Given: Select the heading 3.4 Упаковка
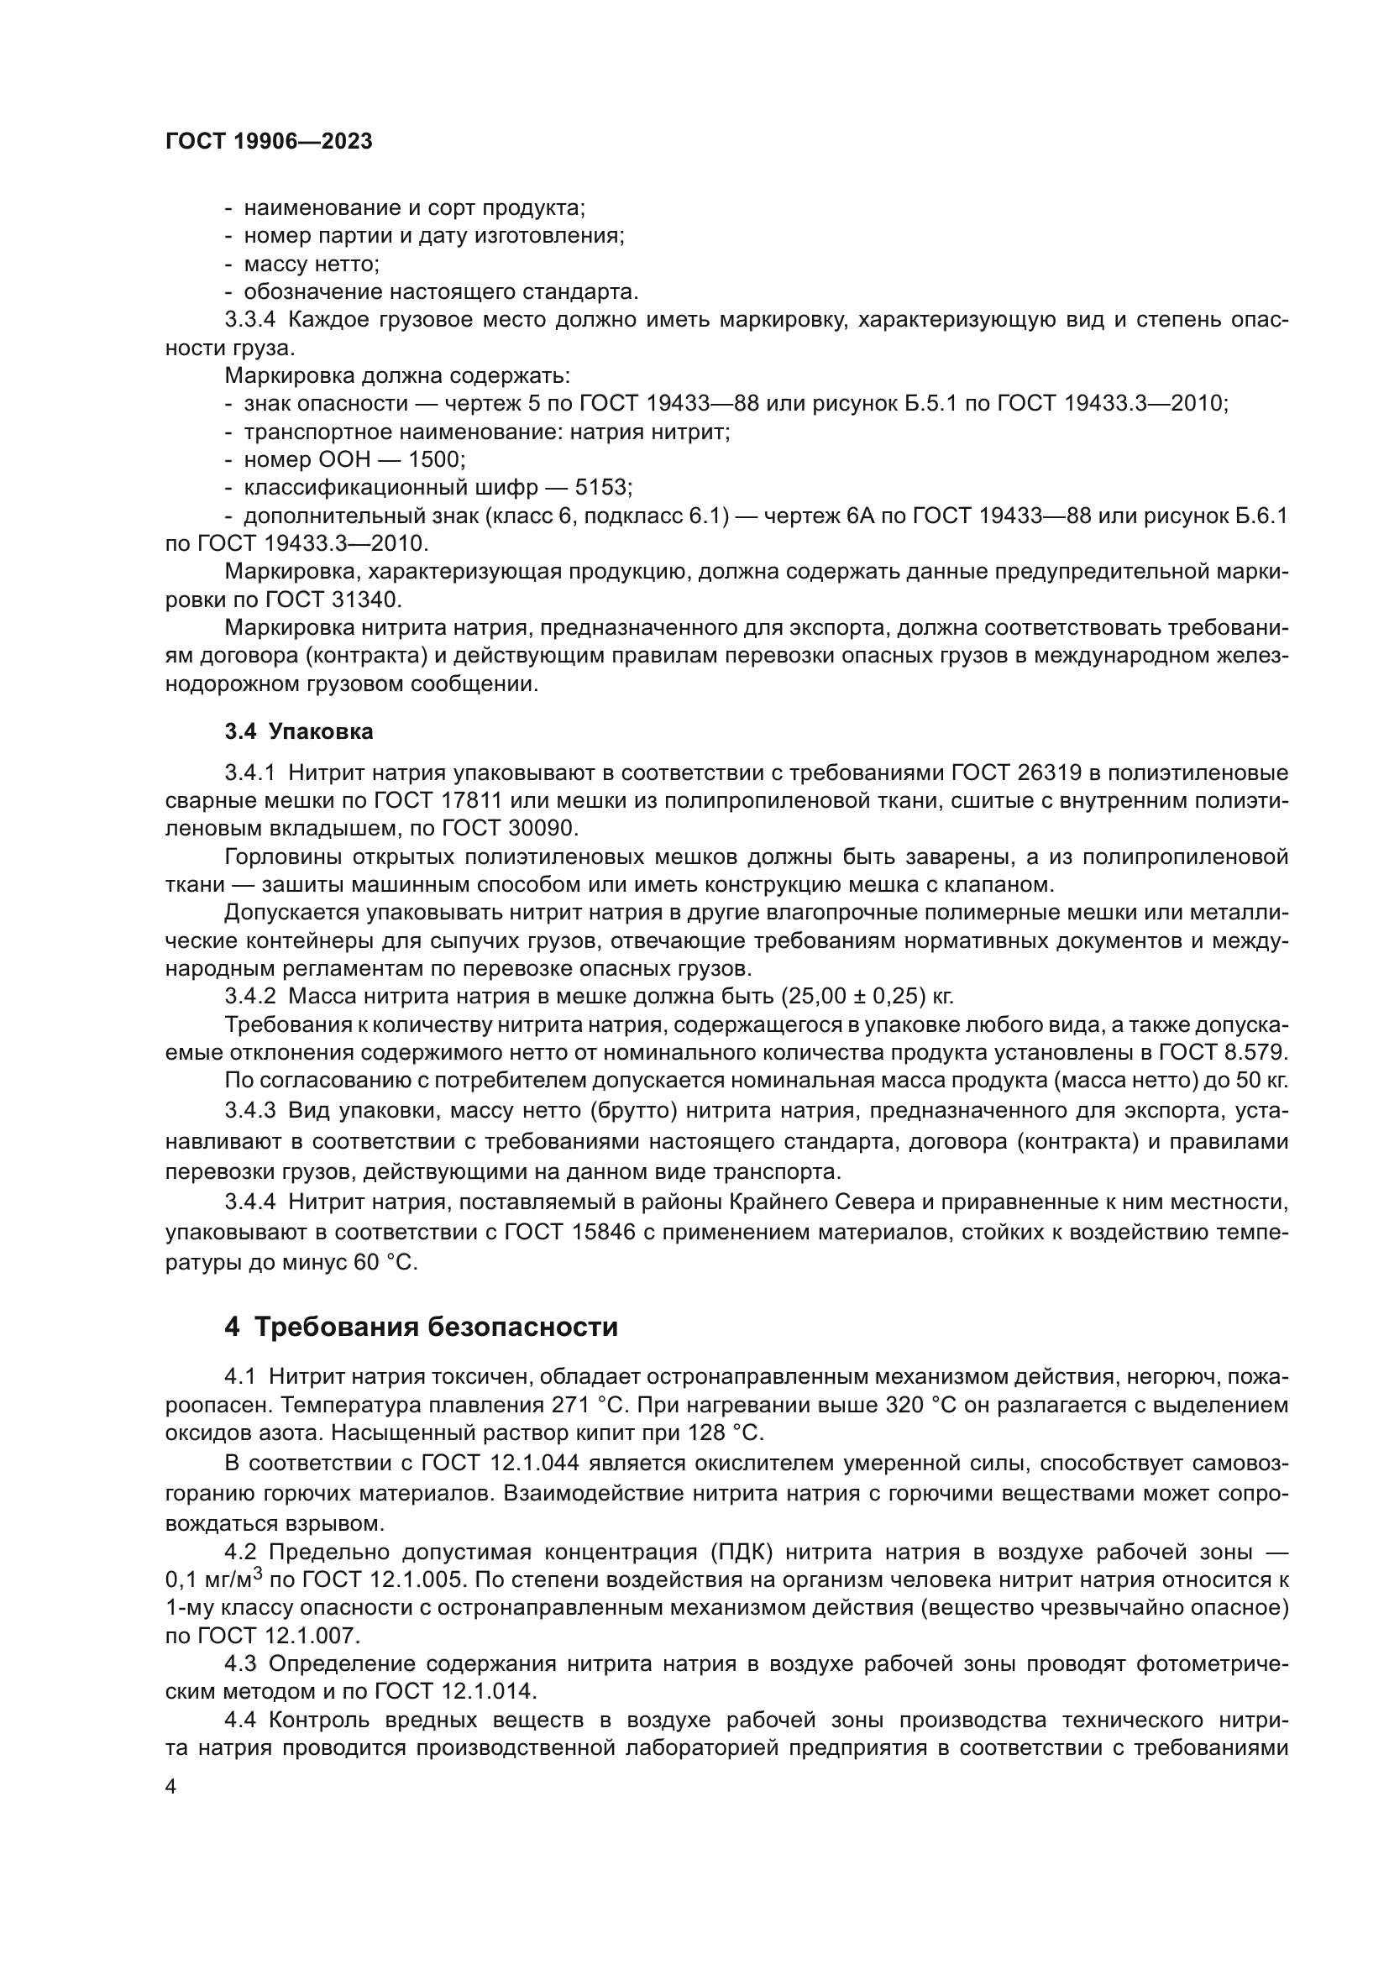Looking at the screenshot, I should coord(298,731).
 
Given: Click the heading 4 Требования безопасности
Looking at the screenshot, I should coord(421,1327).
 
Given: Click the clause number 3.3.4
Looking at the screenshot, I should coord(250,320).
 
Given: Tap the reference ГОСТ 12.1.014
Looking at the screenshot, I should coord(455,1692).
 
